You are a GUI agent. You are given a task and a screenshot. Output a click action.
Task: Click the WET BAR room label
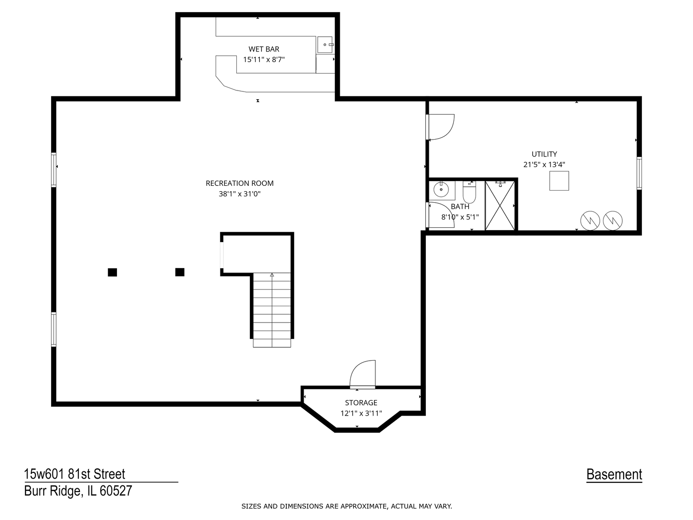click(x=264, y=49)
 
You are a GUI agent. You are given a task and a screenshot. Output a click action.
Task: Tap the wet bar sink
click(x=325, y=44)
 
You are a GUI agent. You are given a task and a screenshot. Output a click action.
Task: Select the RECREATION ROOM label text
click(x=240, y=183)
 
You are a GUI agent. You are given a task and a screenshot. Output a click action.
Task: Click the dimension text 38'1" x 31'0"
click(x=240, y=194)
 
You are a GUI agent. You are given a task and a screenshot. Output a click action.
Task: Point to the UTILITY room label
click(x=544, y=154)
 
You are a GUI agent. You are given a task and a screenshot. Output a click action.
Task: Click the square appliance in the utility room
click(x=559, y=181)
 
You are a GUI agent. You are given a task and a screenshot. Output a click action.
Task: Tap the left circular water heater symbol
click(x=590, y=221)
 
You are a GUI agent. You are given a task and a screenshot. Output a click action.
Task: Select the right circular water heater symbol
click(x=613, y=221)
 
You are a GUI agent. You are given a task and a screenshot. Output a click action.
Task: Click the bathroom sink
click(x=441, y=190)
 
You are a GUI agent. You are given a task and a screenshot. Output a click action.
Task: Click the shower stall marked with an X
click(x=500, y=206)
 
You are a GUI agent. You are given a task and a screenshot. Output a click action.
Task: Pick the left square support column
click(x=112, y=272)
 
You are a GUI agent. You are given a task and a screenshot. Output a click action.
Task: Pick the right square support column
click(x=180, y=272)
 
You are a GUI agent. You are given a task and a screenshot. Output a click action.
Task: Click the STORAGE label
click(x=361, y=403)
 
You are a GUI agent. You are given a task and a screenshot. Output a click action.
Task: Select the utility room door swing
click(x=440, y=127)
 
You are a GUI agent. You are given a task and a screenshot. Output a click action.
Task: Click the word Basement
click(x=614, y=474)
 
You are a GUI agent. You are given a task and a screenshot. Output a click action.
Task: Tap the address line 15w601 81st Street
click(x=75, y=474)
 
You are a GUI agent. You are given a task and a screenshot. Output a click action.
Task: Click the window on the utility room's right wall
click(x=639, y=173)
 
